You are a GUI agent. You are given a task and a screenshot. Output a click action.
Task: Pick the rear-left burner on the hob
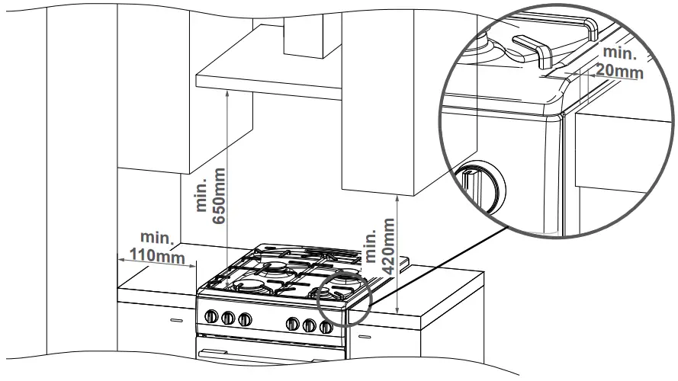tap(275, 267)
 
